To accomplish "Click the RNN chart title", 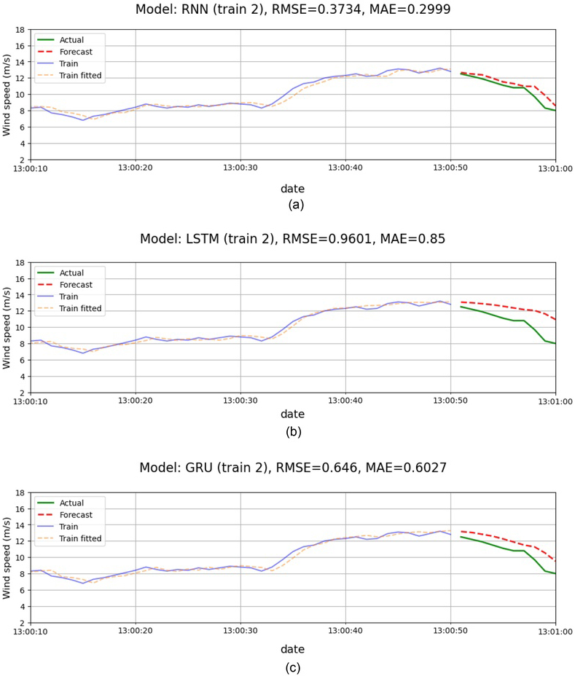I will [x=292, y=9].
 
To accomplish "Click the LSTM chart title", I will [x=292, y=243].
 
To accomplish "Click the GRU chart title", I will [x=292, y=472].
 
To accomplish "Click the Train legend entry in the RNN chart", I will [x=71, y=63].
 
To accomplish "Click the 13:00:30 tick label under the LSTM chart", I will [x=240, y=400].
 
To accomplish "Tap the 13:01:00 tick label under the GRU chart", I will [x=556, y=630].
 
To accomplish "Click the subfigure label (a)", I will [x=295, y=205].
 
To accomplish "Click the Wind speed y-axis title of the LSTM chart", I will [x=7, y=327].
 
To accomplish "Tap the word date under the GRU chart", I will [x=292, y=648].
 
